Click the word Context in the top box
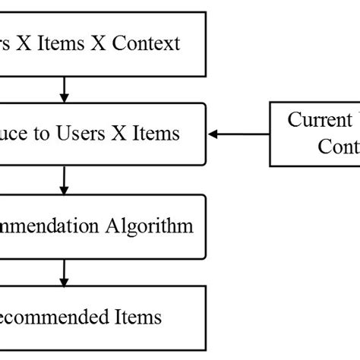click(x=147, y=43)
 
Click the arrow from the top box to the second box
click(x=64, y=89)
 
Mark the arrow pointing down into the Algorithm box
click(x=64, y=180)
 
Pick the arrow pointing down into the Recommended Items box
click(x=64, y=271)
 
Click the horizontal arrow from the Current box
click(x=239, y=134)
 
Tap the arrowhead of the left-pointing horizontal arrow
click(x=213, y=134)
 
